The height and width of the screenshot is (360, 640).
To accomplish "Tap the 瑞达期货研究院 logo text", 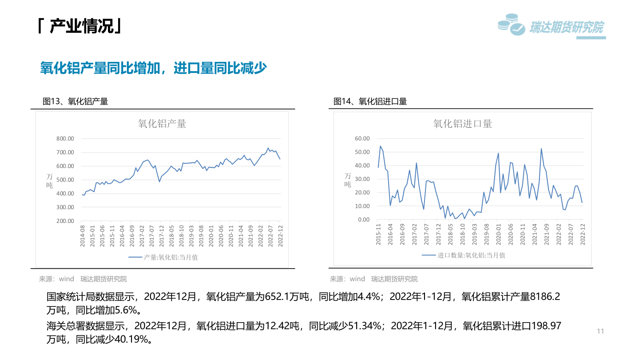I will click(x=567, y=28).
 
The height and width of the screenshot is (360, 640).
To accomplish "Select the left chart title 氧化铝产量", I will click(x=162, y=124).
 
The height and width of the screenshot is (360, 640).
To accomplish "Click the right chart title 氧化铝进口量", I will click(x=462, y=124).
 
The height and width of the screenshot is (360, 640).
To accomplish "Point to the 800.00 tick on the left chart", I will click(x=65, y=138).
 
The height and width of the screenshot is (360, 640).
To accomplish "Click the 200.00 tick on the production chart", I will click(x=65, y=221).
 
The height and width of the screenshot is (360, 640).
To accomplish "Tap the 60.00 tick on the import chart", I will click(x=362, y=138).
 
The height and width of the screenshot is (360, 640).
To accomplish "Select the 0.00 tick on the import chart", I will click(x=364, y=220).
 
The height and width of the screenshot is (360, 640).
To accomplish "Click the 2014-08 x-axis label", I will click(x=83, y=236).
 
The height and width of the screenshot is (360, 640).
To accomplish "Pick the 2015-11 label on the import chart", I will click(x=378, y=234).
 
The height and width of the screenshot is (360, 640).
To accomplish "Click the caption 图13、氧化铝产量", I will click(x=75, y=102).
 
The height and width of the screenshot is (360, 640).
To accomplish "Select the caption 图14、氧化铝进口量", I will click(x=370, y=102).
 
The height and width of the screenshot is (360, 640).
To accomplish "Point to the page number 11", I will click(x=600, y=331).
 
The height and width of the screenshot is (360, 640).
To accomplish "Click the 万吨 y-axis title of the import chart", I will click(x=347, y=180).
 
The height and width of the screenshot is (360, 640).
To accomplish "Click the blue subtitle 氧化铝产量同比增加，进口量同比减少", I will click(x=154, y=68).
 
